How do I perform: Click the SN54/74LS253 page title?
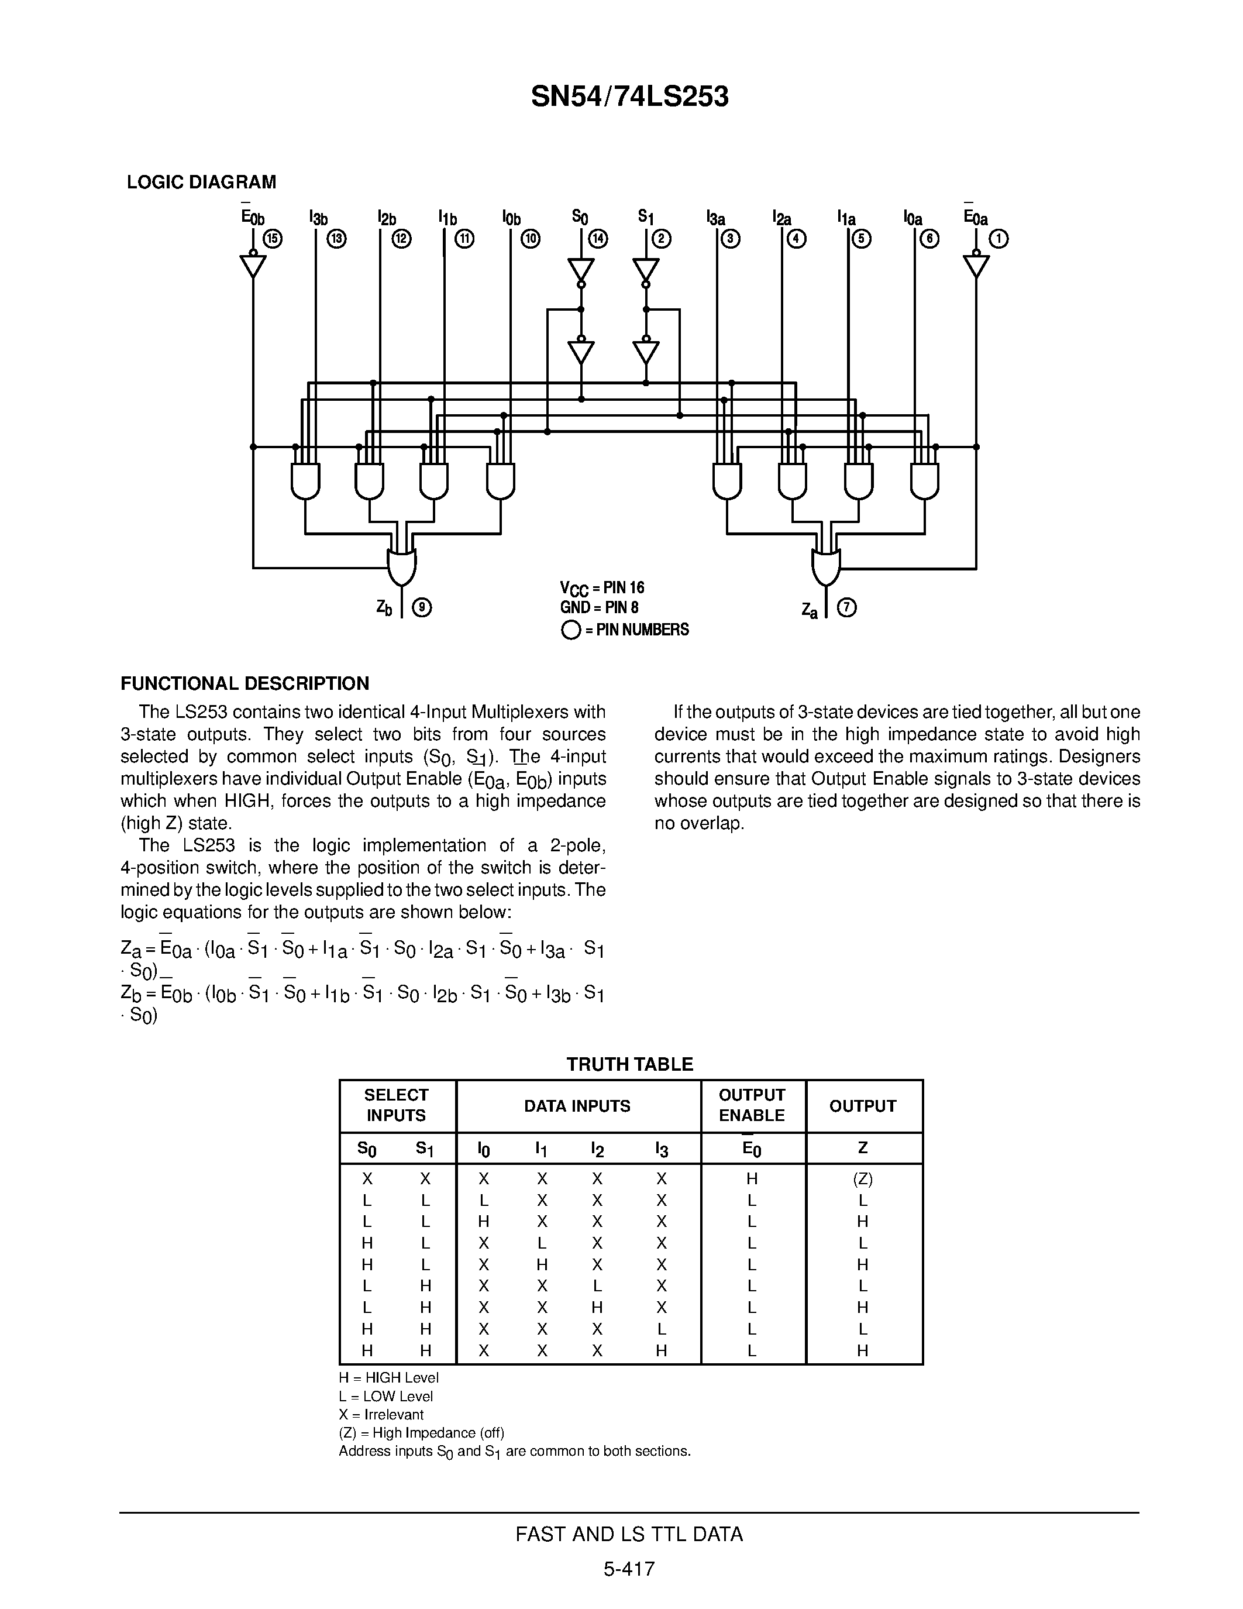point(629,97)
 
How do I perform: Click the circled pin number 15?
point(273,239)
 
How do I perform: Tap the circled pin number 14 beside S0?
point(598,239)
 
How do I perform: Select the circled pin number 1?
point(999,239)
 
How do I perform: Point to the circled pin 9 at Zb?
point(422,608)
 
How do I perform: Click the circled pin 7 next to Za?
point(848,608)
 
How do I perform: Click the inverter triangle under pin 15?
point(253,264)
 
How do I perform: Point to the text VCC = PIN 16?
point(602,588)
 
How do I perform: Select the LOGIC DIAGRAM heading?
point(201,182)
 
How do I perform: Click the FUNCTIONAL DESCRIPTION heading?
point(245,683)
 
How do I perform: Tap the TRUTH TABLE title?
point(629,1064)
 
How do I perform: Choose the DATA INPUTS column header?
point(577,1106)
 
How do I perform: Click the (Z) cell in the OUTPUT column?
point(862,1179)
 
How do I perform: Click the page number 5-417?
point(629,1569)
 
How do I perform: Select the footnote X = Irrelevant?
point(381,1415)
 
